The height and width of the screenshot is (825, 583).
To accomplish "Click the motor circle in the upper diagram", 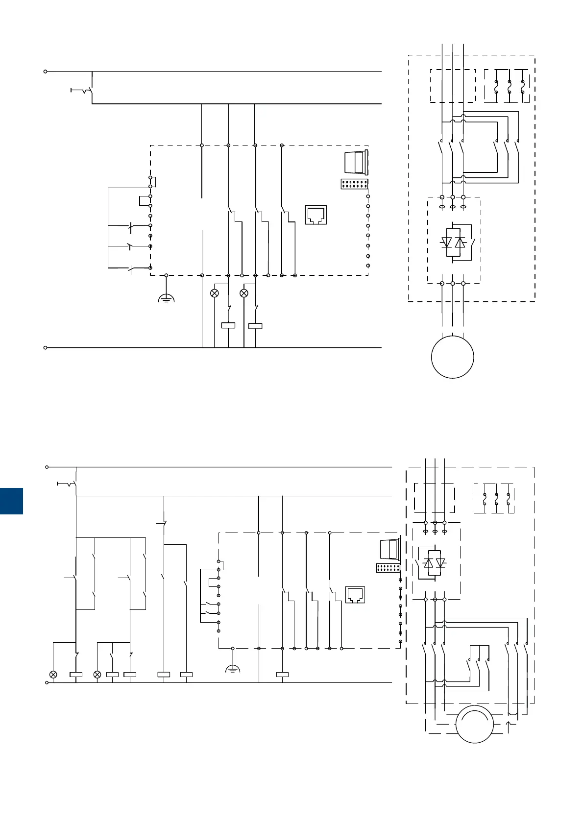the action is tap(452, 357).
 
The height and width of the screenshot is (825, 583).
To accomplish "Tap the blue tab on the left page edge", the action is tap(11, 501).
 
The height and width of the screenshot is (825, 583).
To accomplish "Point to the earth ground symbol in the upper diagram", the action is tap(166, 297).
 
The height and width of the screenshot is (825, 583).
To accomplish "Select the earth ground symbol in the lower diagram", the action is tap(233, 668).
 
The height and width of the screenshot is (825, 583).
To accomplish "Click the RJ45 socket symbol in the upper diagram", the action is tap(316, 215).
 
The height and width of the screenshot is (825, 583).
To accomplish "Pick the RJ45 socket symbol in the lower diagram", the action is tap(355, 594).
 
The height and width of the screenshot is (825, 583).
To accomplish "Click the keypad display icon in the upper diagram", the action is tap(356, 162).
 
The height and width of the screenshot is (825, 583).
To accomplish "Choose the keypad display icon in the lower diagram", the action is tap(390, 549).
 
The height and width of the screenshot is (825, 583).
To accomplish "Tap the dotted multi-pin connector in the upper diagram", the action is tap(354, 184).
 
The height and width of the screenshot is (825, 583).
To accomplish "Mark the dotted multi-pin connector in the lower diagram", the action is tap(388, 568).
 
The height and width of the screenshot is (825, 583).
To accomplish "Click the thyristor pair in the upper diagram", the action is tap(453, 243).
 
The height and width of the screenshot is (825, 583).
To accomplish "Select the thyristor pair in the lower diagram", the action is tap(435, 563).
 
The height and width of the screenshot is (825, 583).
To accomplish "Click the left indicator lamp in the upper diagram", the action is tap(214, 293).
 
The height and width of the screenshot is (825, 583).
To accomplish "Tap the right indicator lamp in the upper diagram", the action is tap(243, 293).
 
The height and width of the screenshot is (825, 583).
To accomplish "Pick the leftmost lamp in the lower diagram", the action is tap(53, 675).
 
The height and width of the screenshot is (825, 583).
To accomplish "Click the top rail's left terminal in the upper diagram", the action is tap(46, 71).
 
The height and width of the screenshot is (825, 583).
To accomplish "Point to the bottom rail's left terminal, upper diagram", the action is tap(46, 347).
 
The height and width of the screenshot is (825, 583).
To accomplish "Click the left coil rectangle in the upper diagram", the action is tap(228, 325).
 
